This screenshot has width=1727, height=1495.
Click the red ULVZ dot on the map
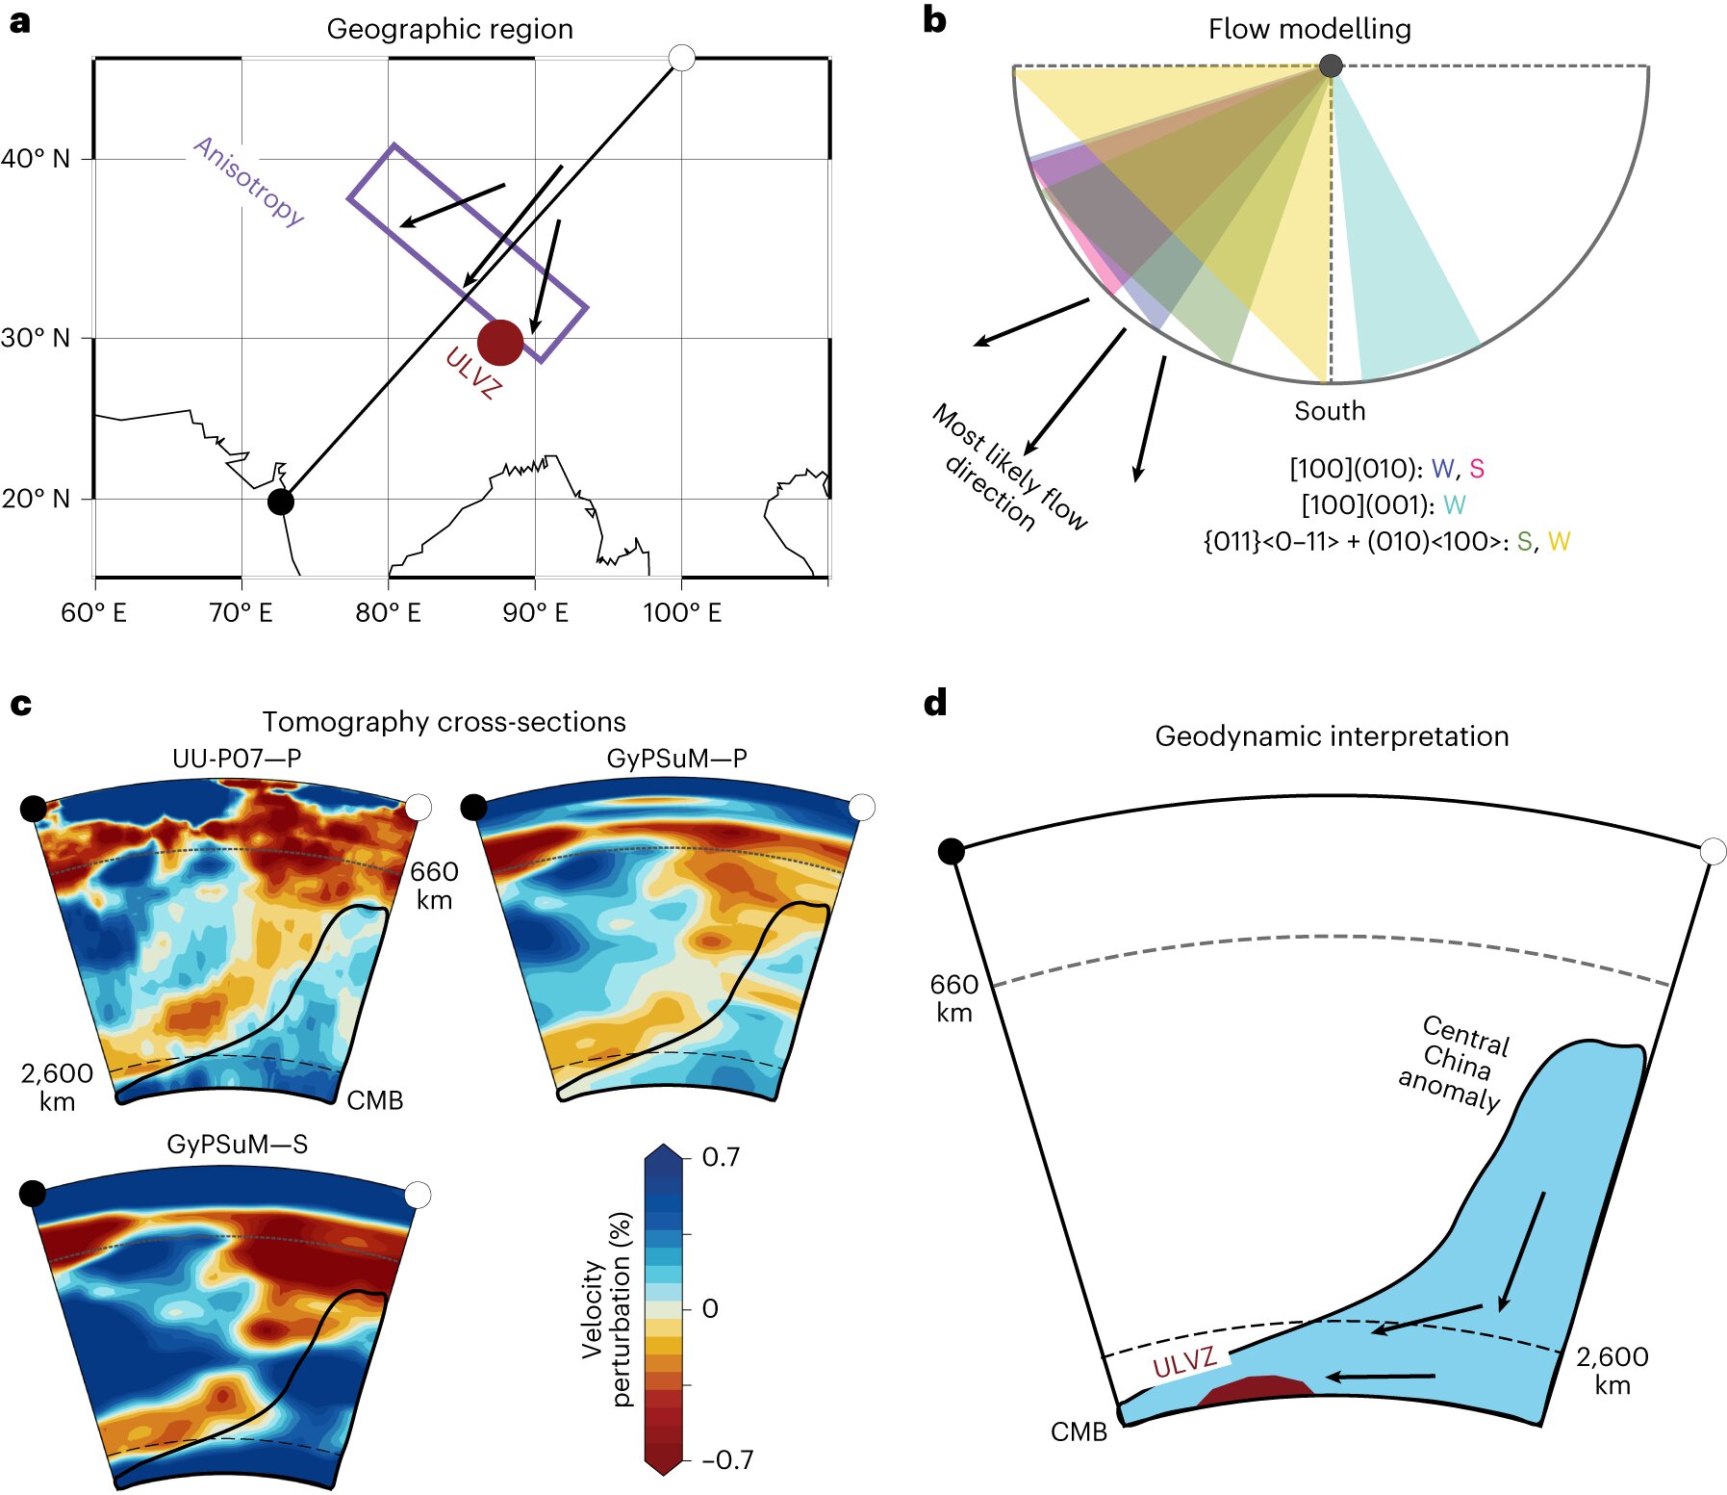point(500,343)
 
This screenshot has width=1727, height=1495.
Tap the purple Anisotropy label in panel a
point(249,180)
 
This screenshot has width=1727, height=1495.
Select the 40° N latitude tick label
point(36,159)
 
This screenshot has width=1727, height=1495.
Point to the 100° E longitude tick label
point(682,613)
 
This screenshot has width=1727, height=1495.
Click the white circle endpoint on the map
point(681,58)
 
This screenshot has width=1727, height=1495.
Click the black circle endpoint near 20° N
point(280,502)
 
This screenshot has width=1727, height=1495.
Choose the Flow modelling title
point(1309,29)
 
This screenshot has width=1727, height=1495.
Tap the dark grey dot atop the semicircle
point(1331,65)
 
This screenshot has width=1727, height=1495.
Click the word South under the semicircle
point(1330,411)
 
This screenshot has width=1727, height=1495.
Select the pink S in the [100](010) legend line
point(1477,469)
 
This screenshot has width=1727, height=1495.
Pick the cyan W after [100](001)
point(1454,505)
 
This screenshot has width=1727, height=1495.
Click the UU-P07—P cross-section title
point(237,759)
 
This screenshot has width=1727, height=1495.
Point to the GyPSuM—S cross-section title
point(237,1144)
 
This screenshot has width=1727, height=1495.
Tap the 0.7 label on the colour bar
point(721,1157)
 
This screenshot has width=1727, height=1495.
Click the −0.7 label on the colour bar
point(727,1460)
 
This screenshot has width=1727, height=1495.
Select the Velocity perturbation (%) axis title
point(607,1309)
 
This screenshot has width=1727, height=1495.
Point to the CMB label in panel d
point(1079,1432)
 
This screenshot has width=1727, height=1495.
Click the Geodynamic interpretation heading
point(1332,736)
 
